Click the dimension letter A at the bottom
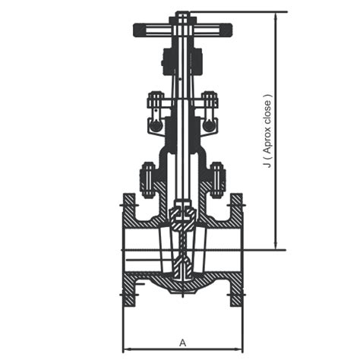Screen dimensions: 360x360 pos(182,341)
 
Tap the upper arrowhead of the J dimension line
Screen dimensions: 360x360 pos(275,16)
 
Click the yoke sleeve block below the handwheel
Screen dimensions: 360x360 pos(182,61)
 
